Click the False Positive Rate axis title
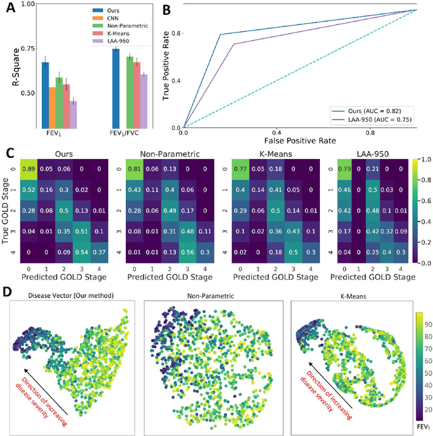point(289,139)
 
